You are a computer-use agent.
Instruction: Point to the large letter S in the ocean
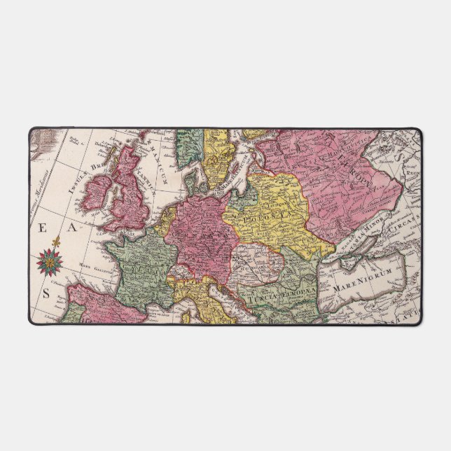tap(47, 293)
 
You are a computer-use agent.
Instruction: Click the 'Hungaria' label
tap(254, 265)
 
